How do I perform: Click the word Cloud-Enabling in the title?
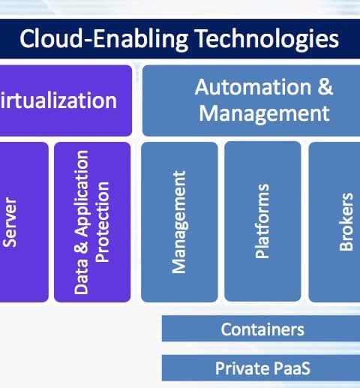click(103, 39)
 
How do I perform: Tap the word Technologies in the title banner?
click(267, 39)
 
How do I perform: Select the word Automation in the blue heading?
click(253, 87)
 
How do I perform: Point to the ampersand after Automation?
click(325, 87)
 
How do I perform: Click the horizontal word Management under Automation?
click(264, 114)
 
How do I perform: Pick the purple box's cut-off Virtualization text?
click(58, 101)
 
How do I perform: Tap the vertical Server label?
click(9, 222)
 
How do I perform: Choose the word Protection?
click(103, 222)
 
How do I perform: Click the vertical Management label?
click(180, 222)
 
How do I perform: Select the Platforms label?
click(262, 221)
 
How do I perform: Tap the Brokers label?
click(346, 221)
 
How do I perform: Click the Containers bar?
click(261, 329)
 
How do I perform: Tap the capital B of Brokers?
click(346, 245)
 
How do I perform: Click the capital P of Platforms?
click(261, 253)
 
